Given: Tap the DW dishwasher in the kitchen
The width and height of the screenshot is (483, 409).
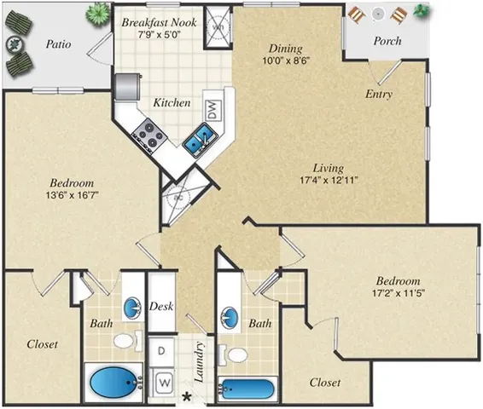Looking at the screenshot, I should [210, 109].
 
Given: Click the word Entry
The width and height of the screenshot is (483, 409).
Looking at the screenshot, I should [378, 94].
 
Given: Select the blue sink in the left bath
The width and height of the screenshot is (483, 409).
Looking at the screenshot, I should [133, 306].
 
